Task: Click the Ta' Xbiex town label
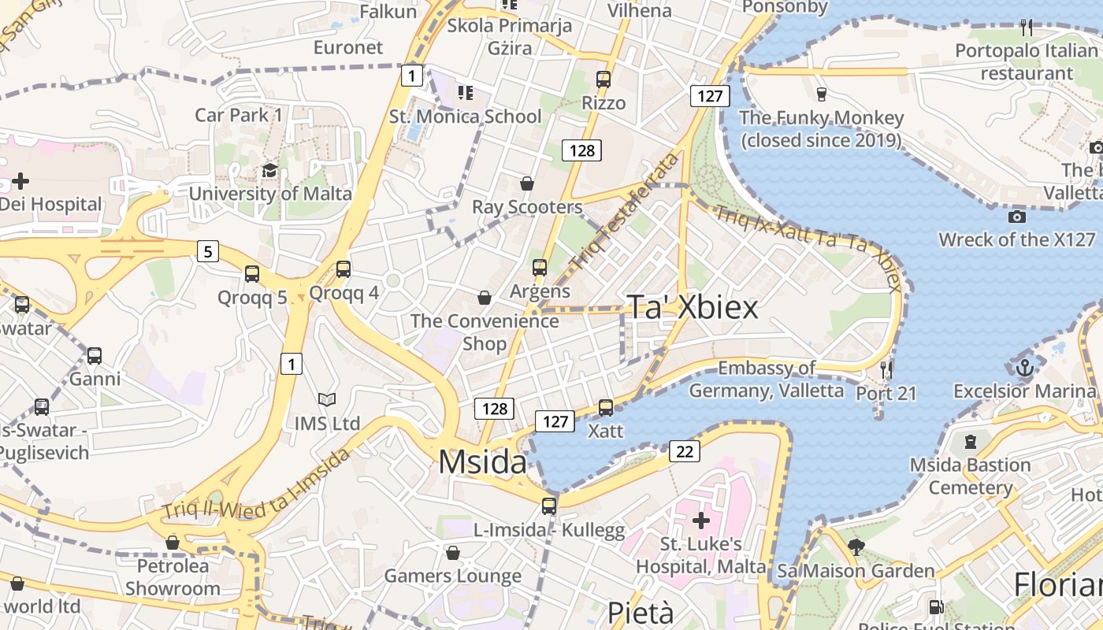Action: pyautogui.click(x=693, y=308)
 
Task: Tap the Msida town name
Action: pyautogui.click(x=482, y=461)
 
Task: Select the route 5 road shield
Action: pyautogui.click(x=208, y=252)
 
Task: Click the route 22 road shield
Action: pyautogui.click(x=685, y=451)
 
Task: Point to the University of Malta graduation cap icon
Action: pyautogui.click(x=270, y=171)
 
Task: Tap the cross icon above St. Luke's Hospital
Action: pyautogui.click(x=700, y=520)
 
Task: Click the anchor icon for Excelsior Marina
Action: pyautogui.click(x=1024, y=367)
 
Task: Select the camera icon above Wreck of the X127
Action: pyautogui.click(x=1016, y=217)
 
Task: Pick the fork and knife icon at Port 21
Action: pyautogui.click(x=886, y=369)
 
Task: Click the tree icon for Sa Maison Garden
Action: pyautogui.click(x=856, y=547)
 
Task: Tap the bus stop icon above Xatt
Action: pyautogui.click(x=605, y=408)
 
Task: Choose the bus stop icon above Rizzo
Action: pyautogui.click(x=603, y=80)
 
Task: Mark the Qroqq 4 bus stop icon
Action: pyautogui.click(x=344, y=269)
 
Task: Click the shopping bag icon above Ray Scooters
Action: pyautogui.click(x=527, y=183)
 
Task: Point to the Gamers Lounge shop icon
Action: pyautogui.click(x=452, y=553)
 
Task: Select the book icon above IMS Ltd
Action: pyautogui.click(x=326, y=400)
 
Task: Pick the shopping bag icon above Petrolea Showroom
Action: pyautogui.click(x=173, y=543)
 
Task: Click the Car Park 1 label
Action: pyautogui.click(x=238, y=115)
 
